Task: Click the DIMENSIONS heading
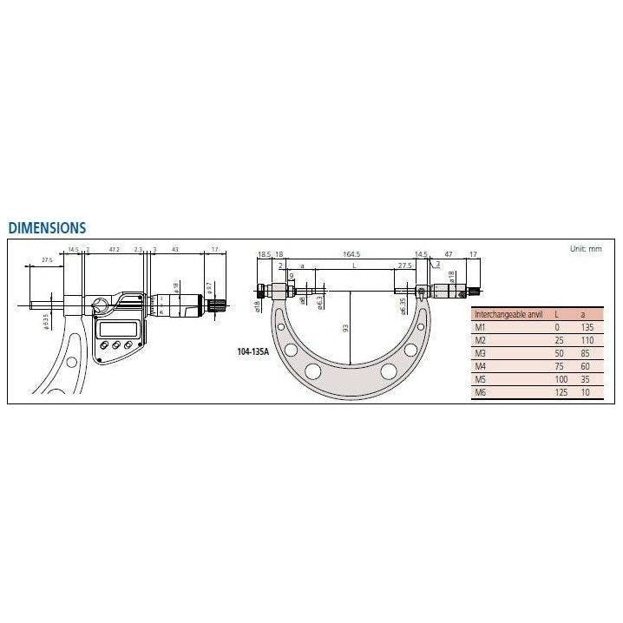47,228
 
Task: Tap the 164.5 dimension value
351,253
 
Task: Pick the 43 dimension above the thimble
176,250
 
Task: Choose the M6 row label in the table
480,393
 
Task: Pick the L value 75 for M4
558,367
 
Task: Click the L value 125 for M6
560,393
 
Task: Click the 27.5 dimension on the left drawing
47,259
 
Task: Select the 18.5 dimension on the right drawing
264,253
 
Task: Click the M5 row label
480,380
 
